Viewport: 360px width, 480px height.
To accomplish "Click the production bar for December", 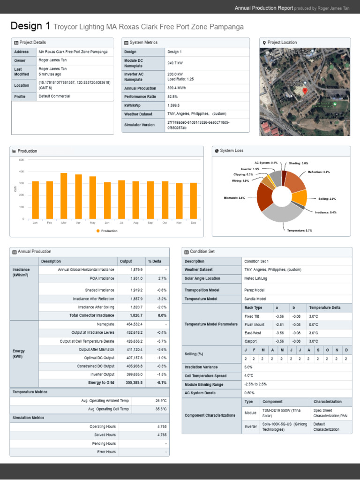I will pyautogui.click(x=194, y=201).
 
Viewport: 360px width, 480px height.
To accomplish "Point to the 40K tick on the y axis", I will pyautogui.click(x=22, y=172).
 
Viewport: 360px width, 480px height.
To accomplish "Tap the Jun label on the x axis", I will pyautogui.click(x=107, y=223).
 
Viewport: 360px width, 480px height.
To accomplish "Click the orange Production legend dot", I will pyautogui.click(x=98, y=231).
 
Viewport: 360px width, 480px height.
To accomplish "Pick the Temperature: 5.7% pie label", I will pyautogui.click(x=300, y=231).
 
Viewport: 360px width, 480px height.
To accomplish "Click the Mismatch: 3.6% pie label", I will pyautogui.click(x=235, y=198).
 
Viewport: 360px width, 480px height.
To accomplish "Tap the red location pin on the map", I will pyautogui.click(x=305, y=90).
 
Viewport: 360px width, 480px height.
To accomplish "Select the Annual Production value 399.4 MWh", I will pyautogui.click(x=178, y=88).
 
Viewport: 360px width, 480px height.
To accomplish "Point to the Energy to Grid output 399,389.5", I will pyautogui.click(x=134, y=382).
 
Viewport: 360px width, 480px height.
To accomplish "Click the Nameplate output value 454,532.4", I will pyautogui.click(x=134, y=324).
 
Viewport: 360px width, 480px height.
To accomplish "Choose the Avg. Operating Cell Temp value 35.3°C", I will pyautogui.click(x=161, y=409).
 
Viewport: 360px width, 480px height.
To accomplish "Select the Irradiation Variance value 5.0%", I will pyautogui.click(x=248, y=367).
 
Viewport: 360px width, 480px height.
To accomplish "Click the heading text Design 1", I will pyautogui.click(x=30, y=26).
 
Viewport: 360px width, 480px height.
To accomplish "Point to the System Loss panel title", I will pyautogui.click(x=232, y=151).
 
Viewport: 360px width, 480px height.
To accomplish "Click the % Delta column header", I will pyautogui.click(x=155, y=261).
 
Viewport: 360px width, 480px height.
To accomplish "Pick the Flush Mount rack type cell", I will pyautogui.click(x=255, y=324).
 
